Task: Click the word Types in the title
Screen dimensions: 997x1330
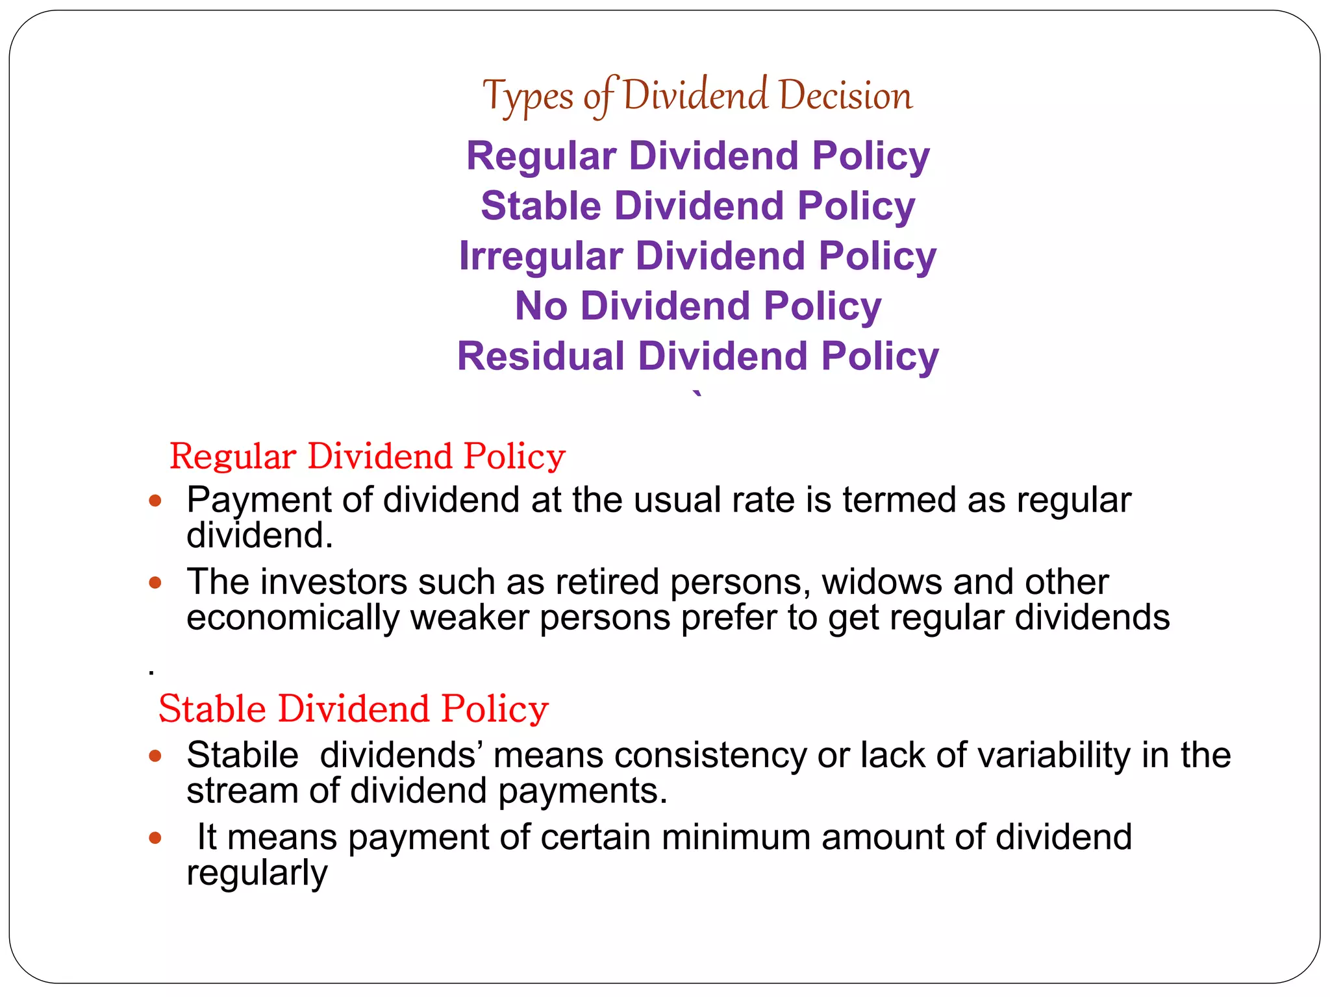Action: coord(528,96)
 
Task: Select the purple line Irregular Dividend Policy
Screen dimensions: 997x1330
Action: coord(697,256)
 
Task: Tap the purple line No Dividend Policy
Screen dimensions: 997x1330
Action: coord(698,306)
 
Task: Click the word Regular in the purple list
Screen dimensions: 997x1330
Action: coord(541,156)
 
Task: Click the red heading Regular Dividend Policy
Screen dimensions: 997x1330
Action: coord(368,456)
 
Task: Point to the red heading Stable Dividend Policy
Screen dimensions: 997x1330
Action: coord(353,708)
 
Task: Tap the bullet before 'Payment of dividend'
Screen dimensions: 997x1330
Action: coord(155,500)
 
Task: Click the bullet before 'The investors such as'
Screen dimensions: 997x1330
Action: coord(155,582)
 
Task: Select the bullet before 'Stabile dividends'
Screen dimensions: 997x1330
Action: coord(155,756)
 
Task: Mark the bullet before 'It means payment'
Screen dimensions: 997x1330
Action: coord(155,837)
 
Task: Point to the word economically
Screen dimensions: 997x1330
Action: coord(293,617)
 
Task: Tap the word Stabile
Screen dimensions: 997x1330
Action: coord(242,755)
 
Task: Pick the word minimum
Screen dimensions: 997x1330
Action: coord(736,837)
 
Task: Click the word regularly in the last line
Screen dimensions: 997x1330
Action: coord(257,873)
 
